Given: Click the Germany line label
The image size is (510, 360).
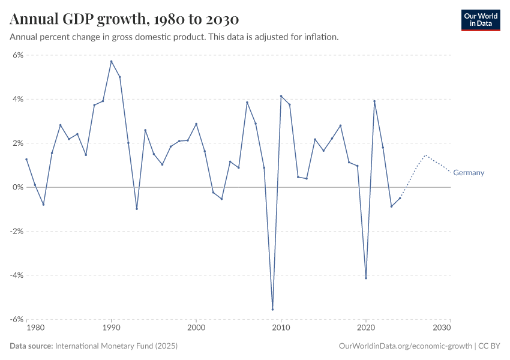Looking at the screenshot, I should [469, 173].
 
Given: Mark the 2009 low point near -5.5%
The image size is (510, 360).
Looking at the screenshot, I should [272, 310].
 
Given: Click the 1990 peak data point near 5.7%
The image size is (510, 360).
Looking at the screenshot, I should [111, 61].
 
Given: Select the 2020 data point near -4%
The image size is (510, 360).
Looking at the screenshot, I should [366, 278].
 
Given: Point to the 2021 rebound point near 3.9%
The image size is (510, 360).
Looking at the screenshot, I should [374, 101].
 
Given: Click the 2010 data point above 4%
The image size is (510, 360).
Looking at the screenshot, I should [281, 96].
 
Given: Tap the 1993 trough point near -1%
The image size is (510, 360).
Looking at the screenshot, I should [137, 209].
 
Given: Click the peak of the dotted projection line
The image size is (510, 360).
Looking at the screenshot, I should [425, 155].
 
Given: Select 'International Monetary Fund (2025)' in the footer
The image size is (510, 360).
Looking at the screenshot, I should [116, 346].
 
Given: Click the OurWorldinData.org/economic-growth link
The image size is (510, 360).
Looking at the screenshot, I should [406, 346].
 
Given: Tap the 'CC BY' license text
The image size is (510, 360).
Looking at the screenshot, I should [489, 346].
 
